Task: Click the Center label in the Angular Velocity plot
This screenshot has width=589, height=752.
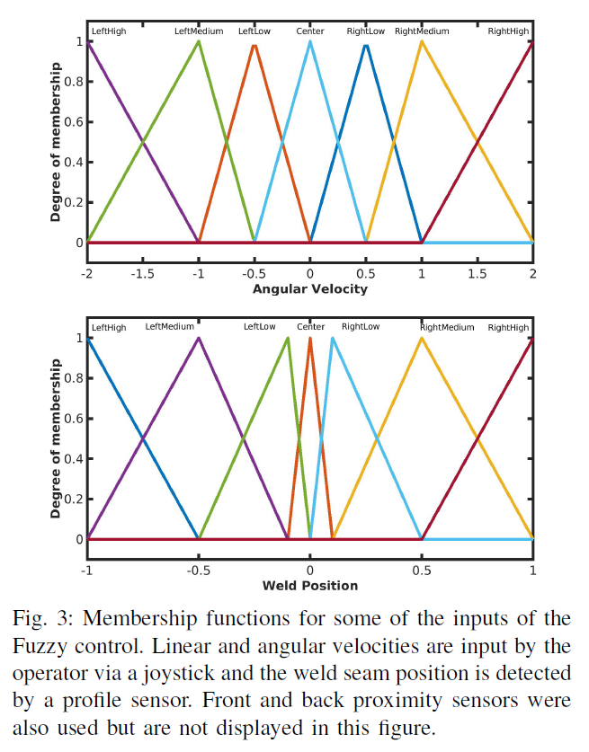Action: tap(310, 31)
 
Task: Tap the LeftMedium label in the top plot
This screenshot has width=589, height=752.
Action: tap(199, 31)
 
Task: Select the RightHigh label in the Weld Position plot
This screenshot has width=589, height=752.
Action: tap(509, 328)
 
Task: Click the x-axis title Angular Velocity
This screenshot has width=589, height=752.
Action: tap(310, 289)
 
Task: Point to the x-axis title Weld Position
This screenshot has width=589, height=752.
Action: tap(310, 586)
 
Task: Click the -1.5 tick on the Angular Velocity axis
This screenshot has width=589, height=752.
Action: tap(143, 273)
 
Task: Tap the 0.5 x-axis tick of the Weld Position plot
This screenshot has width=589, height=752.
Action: tap(422, 570)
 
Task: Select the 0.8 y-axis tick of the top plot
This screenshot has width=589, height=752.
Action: tap(78, 82)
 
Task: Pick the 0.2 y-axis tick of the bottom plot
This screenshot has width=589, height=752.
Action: tap(78, 500)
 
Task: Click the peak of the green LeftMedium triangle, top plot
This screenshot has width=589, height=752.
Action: tap(199, 41)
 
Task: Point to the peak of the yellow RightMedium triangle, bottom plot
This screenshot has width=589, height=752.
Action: tap(422, 338)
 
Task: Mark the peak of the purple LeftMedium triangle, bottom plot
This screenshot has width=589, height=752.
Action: tap(199, 338)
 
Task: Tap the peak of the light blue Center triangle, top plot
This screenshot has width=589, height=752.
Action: tap(310, 41)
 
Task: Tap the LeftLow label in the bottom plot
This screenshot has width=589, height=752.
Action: tap(260, 328)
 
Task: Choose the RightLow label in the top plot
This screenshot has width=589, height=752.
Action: tap(366, 31)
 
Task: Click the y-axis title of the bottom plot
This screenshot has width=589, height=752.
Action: tap(56, 438)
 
